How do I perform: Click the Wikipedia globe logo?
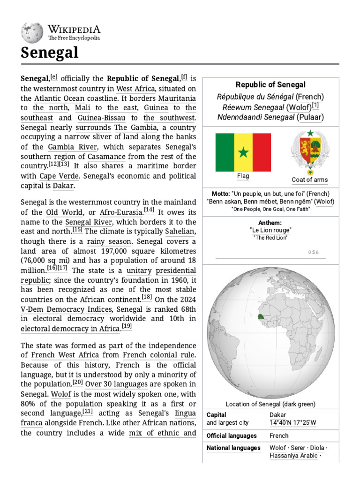pyautogui.click(x=32, y=33)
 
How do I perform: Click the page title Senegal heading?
pyautogui.click(x=49, y=53)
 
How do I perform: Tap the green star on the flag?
pyautogui.click(x=243, y=152)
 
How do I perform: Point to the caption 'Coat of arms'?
pyautogui.click(x=309, y=180)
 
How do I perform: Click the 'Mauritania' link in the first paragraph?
pyautogui.click(x=177, y=99)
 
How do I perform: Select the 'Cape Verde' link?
pyautogui.click(x=54, y=176)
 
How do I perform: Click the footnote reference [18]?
pyautogui.click(x=147, y=297)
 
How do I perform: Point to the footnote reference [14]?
pyautogui.click(x=149, y=210)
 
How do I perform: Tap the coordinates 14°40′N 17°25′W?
pyautogui.click(x=293, y=423)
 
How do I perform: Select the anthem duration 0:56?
pyautogui.click(x=313, y=252)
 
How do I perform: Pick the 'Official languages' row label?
pyautogui.click(x=232, y=435)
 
